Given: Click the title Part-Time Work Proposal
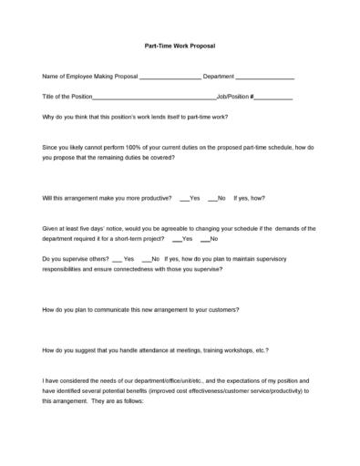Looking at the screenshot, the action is pos(180,45).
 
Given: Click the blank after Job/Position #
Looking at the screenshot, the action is pos(273,97).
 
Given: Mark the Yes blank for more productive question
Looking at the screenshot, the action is pos(184,198).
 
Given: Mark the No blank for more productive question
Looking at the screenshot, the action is pos(211,198).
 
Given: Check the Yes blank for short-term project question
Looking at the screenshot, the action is pos(176,239).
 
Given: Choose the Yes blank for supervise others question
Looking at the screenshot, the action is pos(117,260).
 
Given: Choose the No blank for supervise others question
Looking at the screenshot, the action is pos(146,260).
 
